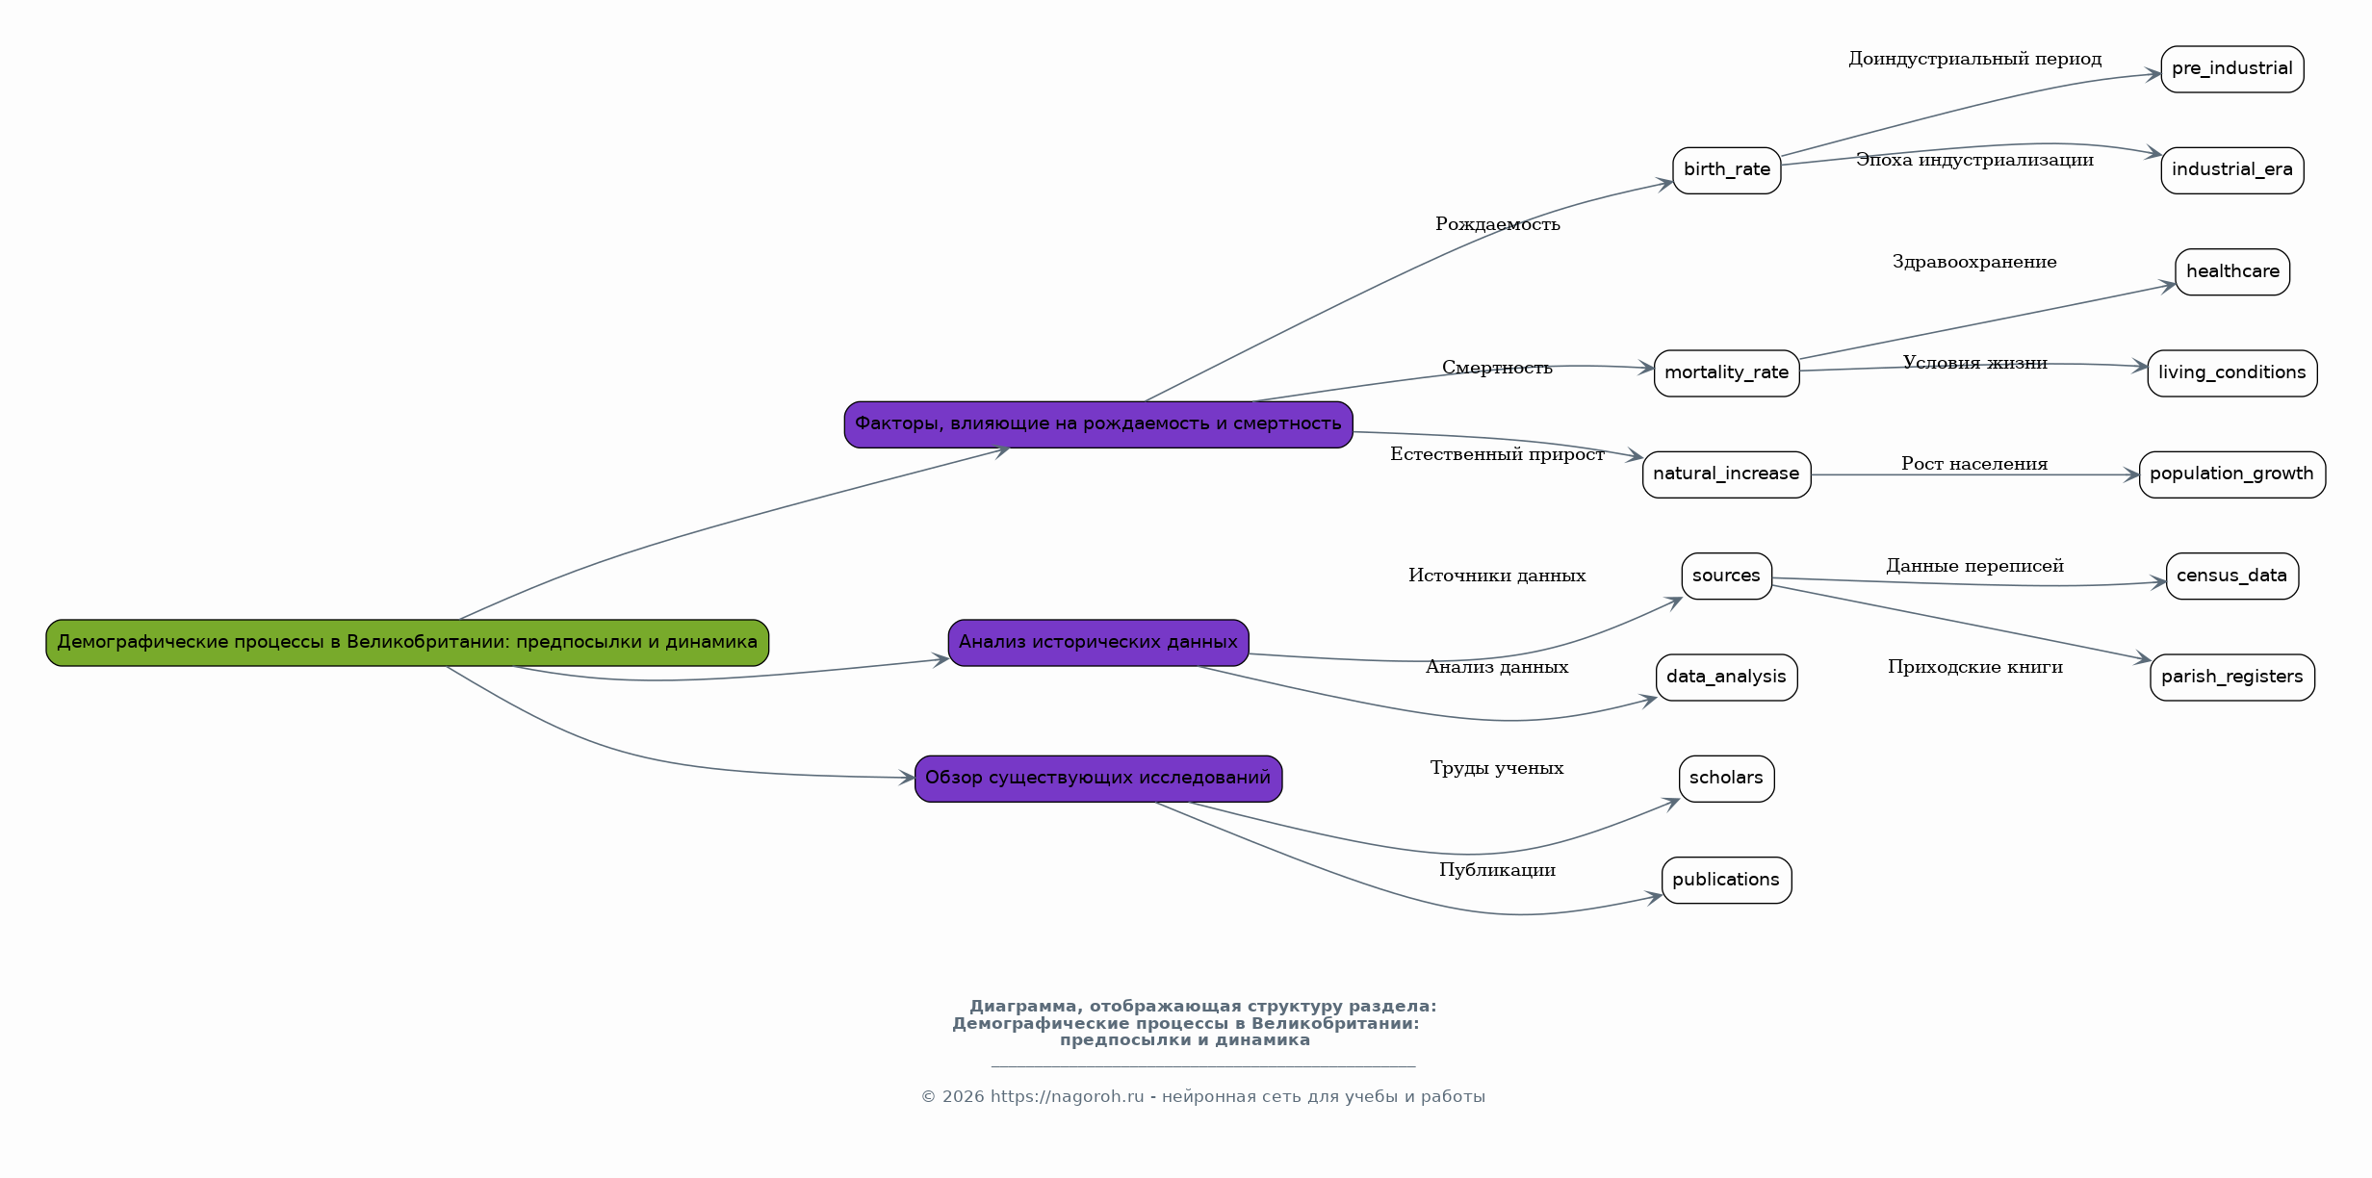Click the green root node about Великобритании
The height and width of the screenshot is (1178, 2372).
pyautogui.click(x=407, y=643)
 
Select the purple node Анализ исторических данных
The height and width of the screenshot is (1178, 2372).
pyautogui.click(x=1098, y=643)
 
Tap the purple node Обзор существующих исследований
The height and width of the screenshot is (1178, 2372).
pyautogui.click(x=1098, y=779)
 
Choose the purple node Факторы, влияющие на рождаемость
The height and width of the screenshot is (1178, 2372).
pyautogui.click(x=1098, y=424)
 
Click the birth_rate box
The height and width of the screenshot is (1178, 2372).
pyautogui.click(x=1727, y=170)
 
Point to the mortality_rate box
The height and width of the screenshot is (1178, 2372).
pyautogui.click(x=1727, y=373)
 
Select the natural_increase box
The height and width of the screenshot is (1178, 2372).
pyautogui.click(x=1727, y=474)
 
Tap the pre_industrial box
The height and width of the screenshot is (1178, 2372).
pyautogui.click(x=2232, y=69)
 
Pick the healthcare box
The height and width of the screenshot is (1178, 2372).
pyautogui.click(x=2232, y=272)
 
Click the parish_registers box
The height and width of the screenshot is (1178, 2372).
pyautogui.click(x=2232, y=678)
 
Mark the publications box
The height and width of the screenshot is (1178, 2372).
pyautogui.click(x=1727, y=881)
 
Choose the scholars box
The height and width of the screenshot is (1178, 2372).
pyautogui.click(x=1727, y=779)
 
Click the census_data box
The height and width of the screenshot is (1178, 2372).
pyautogui.click(x=2232, y=576)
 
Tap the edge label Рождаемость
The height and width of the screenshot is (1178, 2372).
pyautogui.click(x=1498, y=224)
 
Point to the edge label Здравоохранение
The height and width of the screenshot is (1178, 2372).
pyautogui.click(x=1974, y=262)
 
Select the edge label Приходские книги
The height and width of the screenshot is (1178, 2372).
pyautogui.click(x=1975, y=667)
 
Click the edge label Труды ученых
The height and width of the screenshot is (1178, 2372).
pyautogui.click(x=1497, y=768)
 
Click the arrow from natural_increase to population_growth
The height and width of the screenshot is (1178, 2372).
pyautogui.click(x=1975, y=474)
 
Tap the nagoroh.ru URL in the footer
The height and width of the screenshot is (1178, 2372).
pyautogui.click(x=1068, y=1097)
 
